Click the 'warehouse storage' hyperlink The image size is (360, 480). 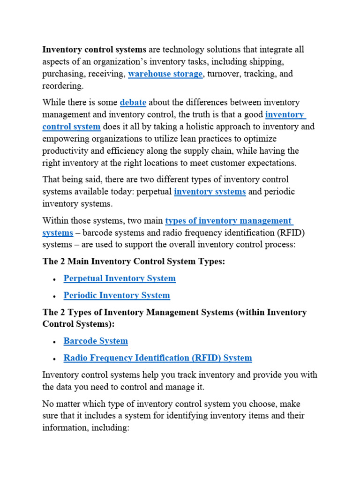(165, 74)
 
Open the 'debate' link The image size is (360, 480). (133, 102)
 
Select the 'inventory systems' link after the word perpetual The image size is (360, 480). (210, 192)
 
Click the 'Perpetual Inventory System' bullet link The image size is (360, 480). (120, 278)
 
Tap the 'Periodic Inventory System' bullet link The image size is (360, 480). (117, 295)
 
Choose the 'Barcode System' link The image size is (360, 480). (96, 341)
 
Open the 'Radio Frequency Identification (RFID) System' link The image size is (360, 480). (157, 358)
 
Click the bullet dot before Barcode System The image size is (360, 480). (55, 342)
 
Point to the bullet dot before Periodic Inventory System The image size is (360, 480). (55, 296)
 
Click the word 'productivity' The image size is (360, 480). (66, 151)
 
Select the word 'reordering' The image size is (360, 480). (62, 86)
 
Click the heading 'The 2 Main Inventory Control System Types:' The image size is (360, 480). (134, 261)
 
